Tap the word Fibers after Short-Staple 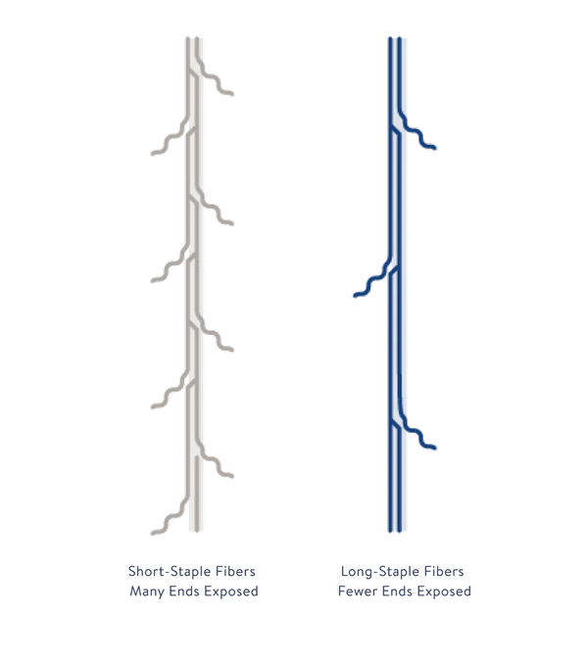235,571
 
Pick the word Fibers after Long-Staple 444,571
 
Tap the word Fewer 358,591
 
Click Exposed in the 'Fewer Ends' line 444,591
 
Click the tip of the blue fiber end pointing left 355,296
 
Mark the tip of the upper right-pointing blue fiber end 435,148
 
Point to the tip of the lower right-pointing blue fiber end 435,448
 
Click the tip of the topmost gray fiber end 232,94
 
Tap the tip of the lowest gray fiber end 152,534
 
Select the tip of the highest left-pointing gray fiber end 152,154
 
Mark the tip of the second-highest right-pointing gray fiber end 232,223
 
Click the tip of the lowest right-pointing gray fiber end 232,476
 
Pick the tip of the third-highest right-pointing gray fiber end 232,350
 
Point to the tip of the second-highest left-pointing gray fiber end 152,280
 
